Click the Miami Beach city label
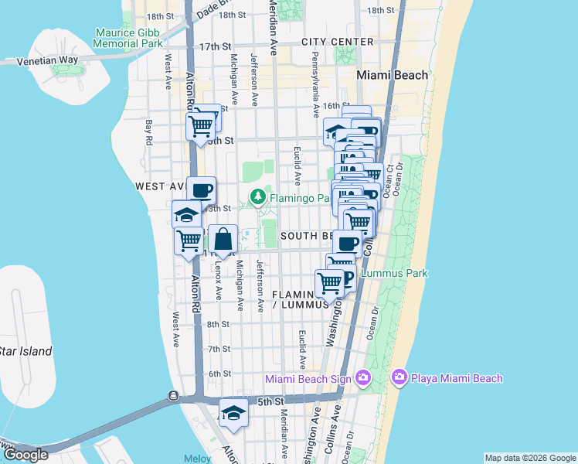point(393,75)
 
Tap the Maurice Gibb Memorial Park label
point(127,38)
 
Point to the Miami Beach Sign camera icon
point(364,378)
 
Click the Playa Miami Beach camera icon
point(399,377)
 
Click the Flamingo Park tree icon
point(259,198)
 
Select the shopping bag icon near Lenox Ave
point(223,240)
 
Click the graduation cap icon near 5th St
point(233,413)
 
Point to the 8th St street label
point(219,324)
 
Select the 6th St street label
point(219,374)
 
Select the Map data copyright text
point(530,458)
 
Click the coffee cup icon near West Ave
point(202,190)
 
